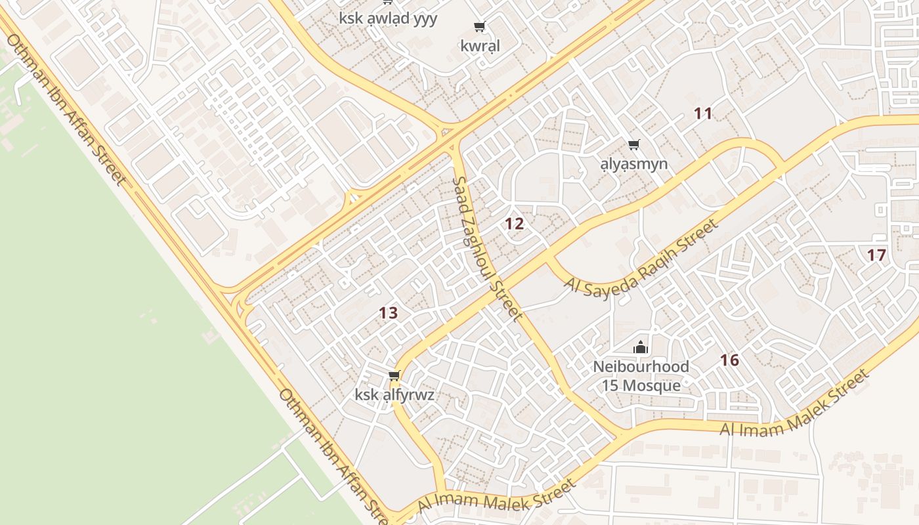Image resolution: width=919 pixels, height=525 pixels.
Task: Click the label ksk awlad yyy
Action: tap(388, 18)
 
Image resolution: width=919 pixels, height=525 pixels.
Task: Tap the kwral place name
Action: tap(480, 46)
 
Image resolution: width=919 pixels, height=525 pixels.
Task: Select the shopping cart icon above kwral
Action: tap(479, 27)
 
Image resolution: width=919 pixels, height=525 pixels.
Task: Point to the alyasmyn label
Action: tap(634, 163)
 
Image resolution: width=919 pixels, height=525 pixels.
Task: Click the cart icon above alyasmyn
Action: tap(633, 144)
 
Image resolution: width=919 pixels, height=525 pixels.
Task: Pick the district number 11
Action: tap(703, 114)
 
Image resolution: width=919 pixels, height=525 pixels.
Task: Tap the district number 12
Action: tap(514, 224)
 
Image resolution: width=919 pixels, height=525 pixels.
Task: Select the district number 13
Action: tap(388, 313)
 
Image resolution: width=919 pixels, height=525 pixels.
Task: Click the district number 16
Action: tap(729, 360)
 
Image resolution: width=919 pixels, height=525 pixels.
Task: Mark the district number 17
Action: tap(876, 255)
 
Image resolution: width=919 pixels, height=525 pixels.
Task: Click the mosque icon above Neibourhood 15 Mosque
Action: tap(641, 347)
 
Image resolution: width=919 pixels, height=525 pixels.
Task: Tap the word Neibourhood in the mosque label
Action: tap(641, 366)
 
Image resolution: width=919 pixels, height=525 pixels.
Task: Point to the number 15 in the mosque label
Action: tap(610, 385)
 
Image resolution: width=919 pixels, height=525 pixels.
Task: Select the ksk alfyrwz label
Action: tap(395, 395)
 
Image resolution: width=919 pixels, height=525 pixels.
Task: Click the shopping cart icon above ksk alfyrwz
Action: tap(394, 376)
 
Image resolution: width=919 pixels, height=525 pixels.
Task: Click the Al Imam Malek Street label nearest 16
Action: tap(794, 404)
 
